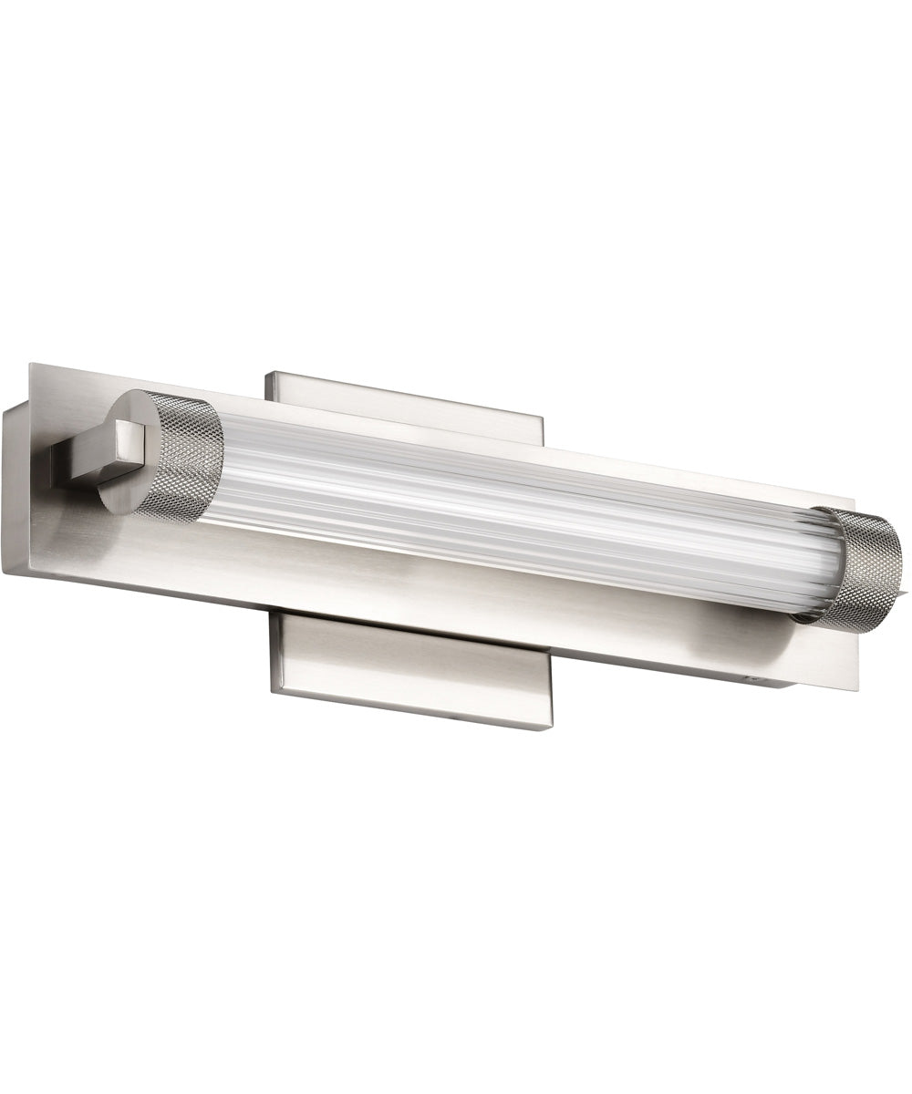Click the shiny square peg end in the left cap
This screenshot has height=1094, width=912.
[130, 447]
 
